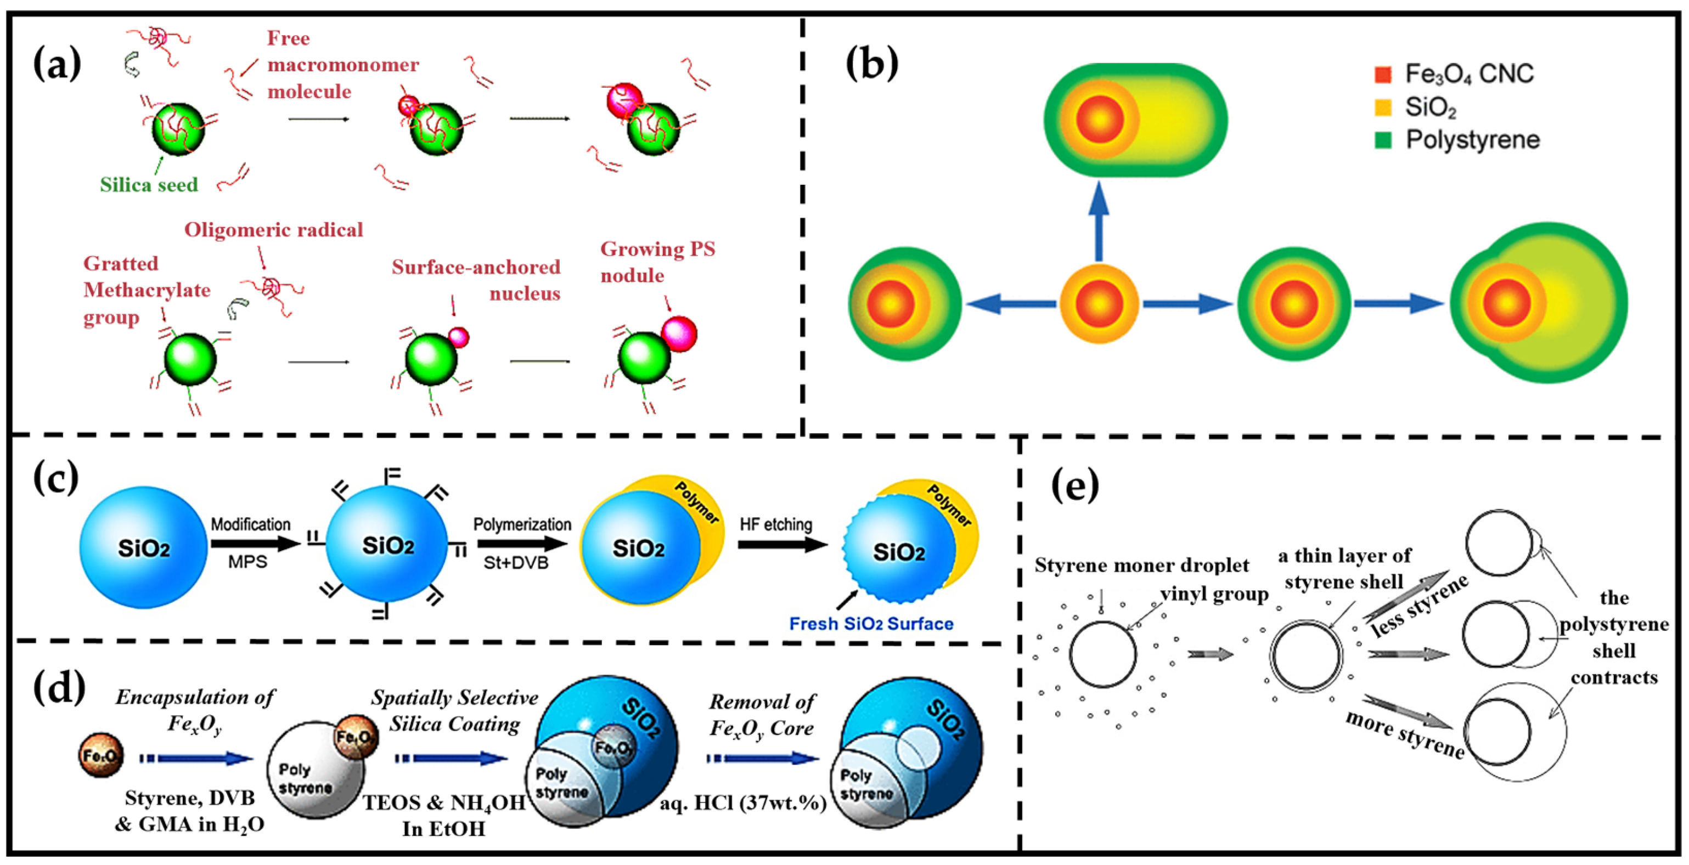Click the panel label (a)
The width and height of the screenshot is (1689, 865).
tap(57, 64)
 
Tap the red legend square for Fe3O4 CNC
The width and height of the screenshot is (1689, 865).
tap(1383, 74)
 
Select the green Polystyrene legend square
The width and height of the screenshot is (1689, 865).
tap(1383, 139)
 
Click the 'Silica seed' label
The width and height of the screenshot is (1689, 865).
tap(149, 185)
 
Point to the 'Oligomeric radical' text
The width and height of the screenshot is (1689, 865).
tap(273, 230)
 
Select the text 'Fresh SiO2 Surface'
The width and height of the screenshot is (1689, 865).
tap(871, 623)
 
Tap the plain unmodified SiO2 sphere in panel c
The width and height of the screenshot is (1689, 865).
tap(143, 547)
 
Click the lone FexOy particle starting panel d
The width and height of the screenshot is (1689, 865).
tap(100, 755)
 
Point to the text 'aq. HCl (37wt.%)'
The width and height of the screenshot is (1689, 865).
tap(743, 803)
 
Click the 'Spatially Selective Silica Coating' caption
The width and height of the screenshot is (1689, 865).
tap(454, 710)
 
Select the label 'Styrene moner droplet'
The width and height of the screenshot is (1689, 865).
tap(1141, 565)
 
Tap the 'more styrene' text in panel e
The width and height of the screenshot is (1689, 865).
tap(1404, 734)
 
